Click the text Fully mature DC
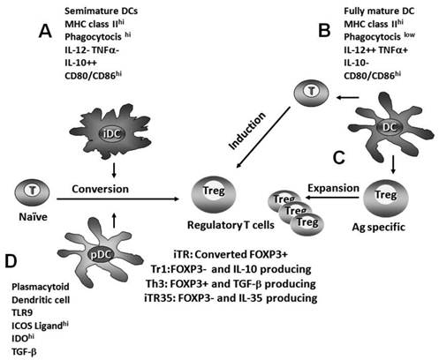click(380, 10)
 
